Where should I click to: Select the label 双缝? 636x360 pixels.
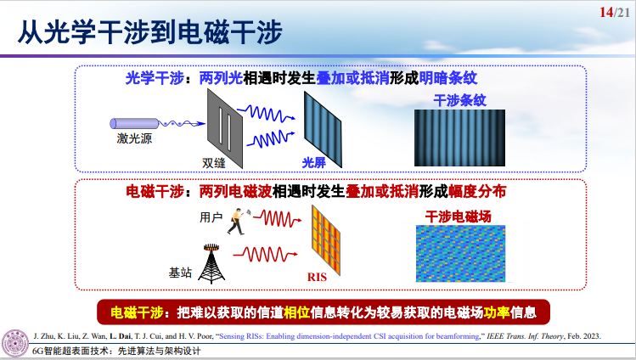click(x=213, y=160)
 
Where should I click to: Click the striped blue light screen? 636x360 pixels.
click(x=322, y=127)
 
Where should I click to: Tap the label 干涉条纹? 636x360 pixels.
click(x=459, y=99)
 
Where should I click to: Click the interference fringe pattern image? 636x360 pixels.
click(x=459, y=137)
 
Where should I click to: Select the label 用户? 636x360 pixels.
click(x=211, y=217)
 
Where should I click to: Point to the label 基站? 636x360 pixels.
click(x=179, y=273)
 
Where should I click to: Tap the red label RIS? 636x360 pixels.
click(x=317, y=276)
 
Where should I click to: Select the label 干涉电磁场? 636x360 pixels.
click(x=459, y=214)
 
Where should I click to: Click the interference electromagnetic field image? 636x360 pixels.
click(x=459, y=253)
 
